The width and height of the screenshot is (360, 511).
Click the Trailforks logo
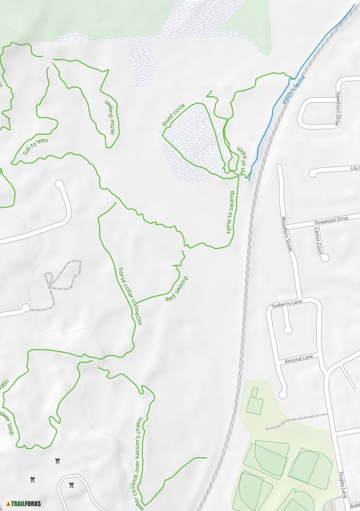click(24, 503)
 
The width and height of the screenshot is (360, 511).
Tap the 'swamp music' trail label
click(110, 117)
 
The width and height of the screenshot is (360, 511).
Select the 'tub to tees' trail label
click(36, 146)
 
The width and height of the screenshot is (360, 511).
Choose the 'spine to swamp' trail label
click(231, 212)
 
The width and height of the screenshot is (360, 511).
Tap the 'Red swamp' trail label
click(177, 289)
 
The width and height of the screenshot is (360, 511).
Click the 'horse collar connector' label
click(130, 296)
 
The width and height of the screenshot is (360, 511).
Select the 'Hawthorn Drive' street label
click(338, 109)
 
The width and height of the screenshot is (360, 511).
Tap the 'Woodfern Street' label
click(287, 234)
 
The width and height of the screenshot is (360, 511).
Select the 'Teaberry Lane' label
click(287, 303)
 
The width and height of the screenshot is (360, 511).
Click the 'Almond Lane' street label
click(299, 359)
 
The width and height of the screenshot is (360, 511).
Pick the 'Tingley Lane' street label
click(343, 485)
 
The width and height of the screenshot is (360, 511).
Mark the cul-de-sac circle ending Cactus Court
click(325, 257)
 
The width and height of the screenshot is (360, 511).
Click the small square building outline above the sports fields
click(255, 392)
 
